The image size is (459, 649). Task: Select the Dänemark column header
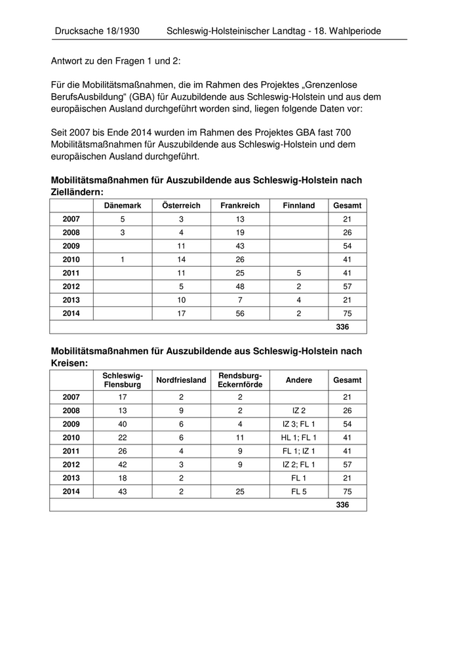[122, 205]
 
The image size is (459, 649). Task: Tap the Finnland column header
[298, 205]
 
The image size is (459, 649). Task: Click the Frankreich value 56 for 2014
[240, 313]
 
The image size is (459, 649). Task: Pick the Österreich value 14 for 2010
[181, 259]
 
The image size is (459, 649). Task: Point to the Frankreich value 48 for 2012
[240, 286]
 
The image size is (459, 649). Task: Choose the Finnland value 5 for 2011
[298, 273]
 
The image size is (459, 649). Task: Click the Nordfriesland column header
[181, 380]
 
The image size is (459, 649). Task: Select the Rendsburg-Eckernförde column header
[240, 380]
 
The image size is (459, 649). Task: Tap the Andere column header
[299, 380]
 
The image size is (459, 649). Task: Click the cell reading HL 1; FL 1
[299, 437]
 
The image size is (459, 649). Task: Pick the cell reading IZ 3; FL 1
[299, 423]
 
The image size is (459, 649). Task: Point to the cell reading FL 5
[299, 492]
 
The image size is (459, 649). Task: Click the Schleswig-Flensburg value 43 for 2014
[122, 492]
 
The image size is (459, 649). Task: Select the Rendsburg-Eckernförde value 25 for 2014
[240, 492]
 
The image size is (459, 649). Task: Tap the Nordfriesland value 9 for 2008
[181, 410]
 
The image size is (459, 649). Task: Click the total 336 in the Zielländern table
[342, 326]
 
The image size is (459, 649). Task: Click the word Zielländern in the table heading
[76, 192]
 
